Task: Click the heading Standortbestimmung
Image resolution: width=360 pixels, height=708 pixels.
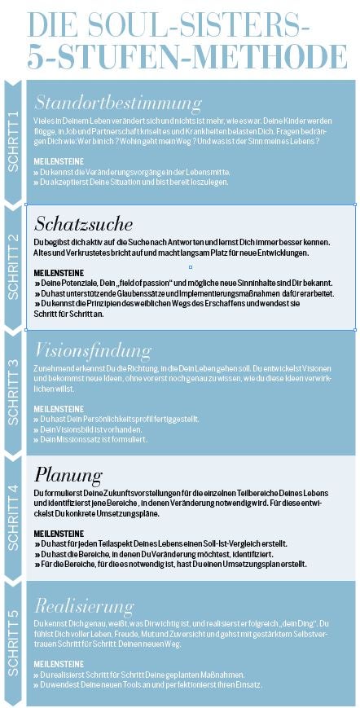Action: coord(118,103)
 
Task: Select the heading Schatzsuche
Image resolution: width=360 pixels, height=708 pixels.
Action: coord(84,224)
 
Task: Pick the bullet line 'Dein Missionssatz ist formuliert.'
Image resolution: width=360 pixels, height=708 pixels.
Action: coord(92,439)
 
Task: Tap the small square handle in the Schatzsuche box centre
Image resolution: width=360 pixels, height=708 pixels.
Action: coord(190,267)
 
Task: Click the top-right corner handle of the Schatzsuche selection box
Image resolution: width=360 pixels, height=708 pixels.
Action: coord(355,204)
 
